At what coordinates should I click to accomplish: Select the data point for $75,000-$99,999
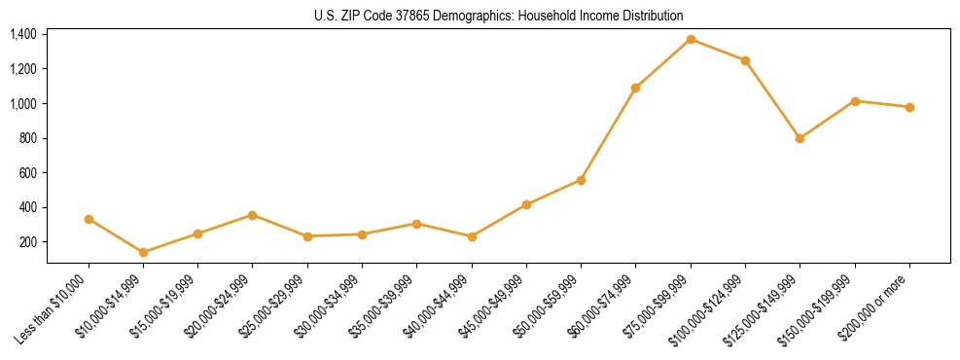pyautogui.click(x=691, y=39)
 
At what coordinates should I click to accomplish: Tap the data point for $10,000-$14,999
pyautogui.click(x=144, y=252)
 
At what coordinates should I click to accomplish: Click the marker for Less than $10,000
pyautogui.click(x=89, y=219)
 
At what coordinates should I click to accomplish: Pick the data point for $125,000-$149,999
pyautogui.click(x=800, y=138)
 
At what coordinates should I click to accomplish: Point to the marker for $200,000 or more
pyautogui.click(x=909, y=107)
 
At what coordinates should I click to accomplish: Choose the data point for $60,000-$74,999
pyautogui.click(x=635, y=88)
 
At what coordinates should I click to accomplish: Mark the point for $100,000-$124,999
pyautogui.click(x=745, y=60)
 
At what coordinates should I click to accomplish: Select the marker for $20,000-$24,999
pyautogui.click(x=253, y=215)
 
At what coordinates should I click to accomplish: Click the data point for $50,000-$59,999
pyautogui.click(x=581, y=180)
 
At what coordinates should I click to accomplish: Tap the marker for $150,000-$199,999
pyautogui.click(x=855, y=101)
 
